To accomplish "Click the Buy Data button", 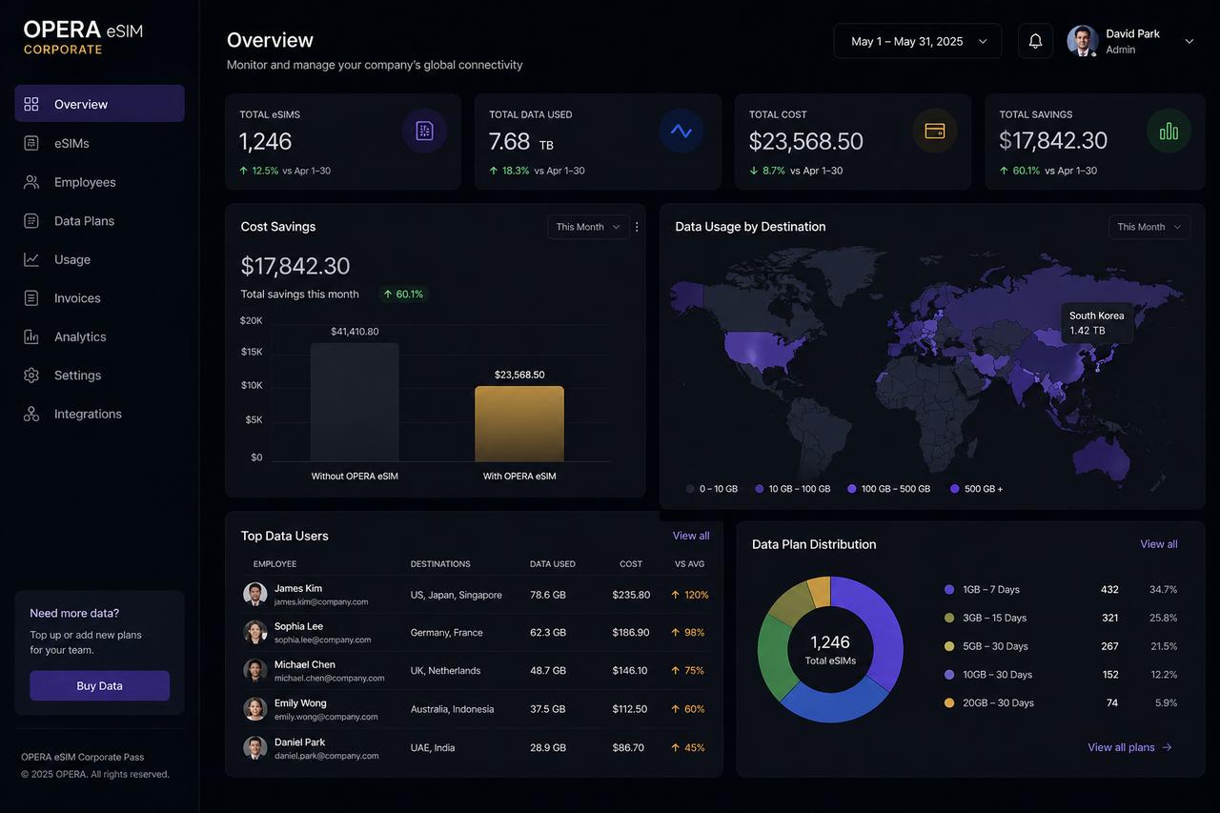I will pos(99,686).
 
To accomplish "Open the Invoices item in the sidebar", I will pos(77,298).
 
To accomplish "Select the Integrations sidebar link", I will pos(88,415).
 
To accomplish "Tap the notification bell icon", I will pos(1035,42).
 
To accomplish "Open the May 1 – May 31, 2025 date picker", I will pos(918,42).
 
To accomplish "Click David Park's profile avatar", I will pos(1083,42).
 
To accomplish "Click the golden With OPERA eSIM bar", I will pos(519,424).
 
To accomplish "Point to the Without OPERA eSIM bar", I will pos(355,402).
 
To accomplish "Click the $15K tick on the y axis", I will pos(252,352).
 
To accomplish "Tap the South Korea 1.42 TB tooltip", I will pos(1097,323).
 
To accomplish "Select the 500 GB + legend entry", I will pos(983,489).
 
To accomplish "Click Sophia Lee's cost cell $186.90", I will pos(631,633).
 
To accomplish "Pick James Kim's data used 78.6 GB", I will pos(548,595).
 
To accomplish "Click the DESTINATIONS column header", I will pos(440,564).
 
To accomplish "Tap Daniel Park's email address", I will pos(327,756).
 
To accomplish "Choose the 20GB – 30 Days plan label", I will pos(998,703).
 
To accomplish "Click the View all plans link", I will pos(1129,748).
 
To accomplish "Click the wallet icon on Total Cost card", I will pos(934,131).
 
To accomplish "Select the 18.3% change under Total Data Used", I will pos(515,172).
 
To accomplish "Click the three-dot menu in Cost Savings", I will pos(637,228).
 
